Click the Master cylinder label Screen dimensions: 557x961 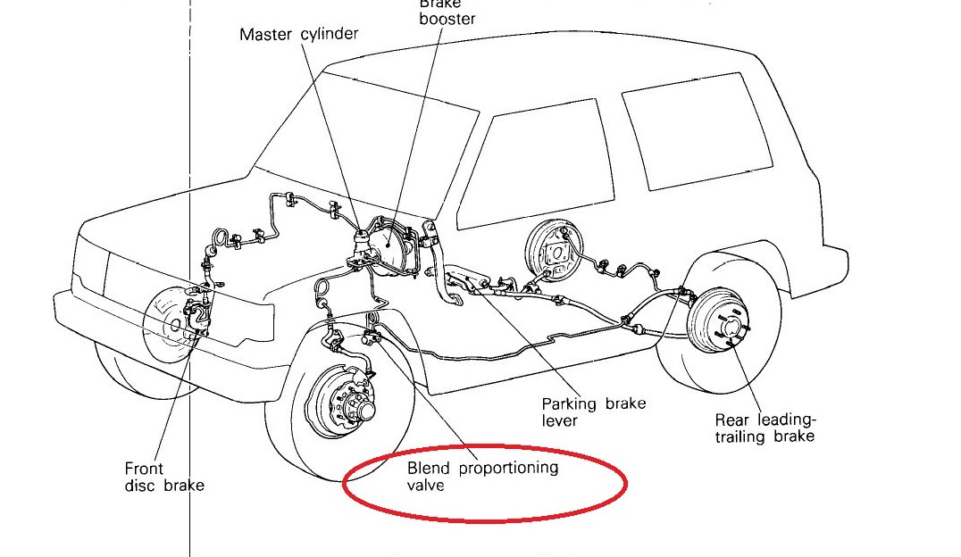click(x=299, y=35)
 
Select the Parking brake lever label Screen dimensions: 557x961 click(x=593, y=412)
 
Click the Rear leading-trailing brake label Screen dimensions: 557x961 click(x=764, y=428)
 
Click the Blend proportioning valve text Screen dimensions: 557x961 click(x=482, y=476)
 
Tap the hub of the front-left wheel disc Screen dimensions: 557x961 click(x=364, y=411)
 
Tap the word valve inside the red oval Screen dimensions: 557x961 click(x=425, y=486)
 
